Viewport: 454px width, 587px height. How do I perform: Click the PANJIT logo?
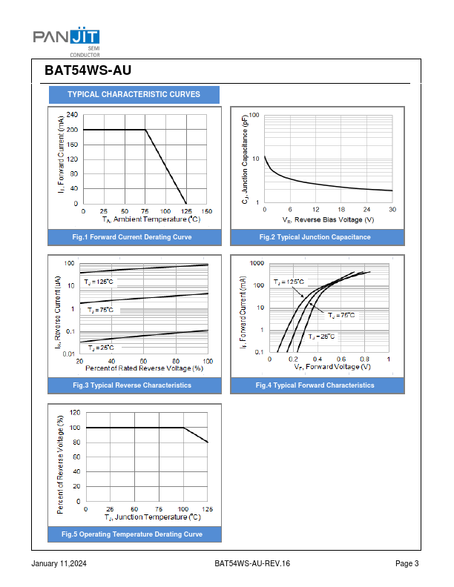(66, 38)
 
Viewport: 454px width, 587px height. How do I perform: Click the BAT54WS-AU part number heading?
(88, 71)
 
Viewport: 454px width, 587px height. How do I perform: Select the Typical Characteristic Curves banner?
(134, 95)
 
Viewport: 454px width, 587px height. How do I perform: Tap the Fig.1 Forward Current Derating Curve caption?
(132, 237)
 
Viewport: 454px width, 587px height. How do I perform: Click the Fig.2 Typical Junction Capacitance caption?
(315, 237)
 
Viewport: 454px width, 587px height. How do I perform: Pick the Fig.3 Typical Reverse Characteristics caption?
(132, 385)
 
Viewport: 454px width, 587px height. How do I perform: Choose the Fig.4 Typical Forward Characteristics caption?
(315, 385)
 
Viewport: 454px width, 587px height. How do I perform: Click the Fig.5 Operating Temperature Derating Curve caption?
(132, 534)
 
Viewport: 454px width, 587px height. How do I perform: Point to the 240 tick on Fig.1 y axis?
(72, 115)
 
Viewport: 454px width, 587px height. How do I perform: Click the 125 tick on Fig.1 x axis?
(186, 211)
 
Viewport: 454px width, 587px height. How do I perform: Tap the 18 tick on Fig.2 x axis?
(341, 210)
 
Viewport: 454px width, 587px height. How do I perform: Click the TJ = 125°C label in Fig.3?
(99, 282)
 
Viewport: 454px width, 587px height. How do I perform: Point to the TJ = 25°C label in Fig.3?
(101, 348)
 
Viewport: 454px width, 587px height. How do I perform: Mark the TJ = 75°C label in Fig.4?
(342, 315)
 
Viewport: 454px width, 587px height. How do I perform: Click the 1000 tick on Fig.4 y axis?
(257, 263)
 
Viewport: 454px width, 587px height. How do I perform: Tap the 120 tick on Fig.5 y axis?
(75, 412)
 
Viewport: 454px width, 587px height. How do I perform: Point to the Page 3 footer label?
(407, 564)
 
